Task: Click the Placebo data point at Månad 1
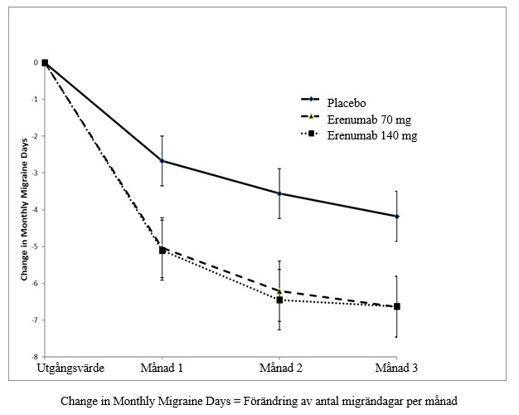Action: pyautogui.click(x=162, y=161)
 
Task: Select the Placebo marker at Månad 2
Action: pyautogui.click(x=279, y=193)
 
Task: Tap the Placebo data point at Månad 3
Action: pyautogui.click(x=397, y=217)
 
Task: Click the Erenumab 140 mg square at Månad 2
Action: pyautogui.click(x=279, y=300)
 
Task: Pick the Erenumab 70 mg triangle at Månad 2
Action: pyautogui.click(x=279, y=291)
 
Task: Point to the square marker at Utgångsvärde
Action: pyautogui.click(x=45, y=62)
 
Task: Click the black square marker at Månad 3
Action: pyautogui.click(x=397, y=306)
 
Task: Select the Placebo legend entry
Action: pyautogui.click(x=333, y=103)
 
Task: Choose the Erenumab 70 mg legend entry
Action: pyautogui.click(x=356, y=120)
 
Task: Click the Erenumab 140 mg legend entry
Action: pyautogui.click(x=359, y=135)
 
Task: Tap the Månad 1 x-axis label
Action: pyautogui.click(x=162, y=368)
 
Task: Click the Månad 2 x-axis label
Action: pyautogui.click(x=281, y=368)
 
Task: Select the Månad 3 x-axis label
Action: pyautogui.click(x=396, y=368)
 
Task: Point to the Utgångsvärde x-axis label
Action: pyautogui.click(x=70, y=369)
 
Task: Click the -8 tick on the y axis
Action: pyautogui.click(x=35, y=357)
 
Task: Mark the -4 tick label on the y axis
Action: pyautogui.click(x=35, y=210)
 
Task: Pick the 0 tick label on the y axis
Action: pyautogui.click(x=36, y=62)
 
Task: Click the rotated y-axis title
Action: pyautogui.click(x=24, y=209)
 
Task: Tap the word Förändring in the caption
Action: pyautogui.click(x=270, y=401)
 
